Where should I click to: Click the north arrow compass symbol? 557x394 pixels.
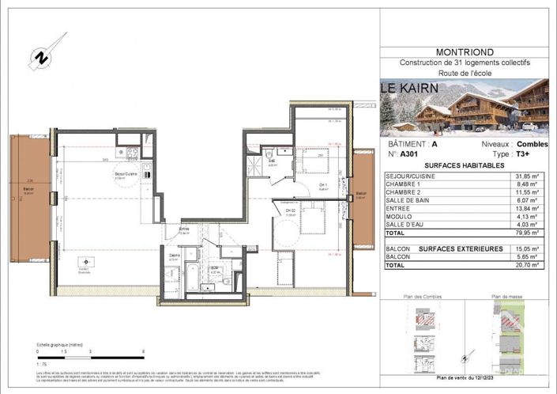pos(40,58)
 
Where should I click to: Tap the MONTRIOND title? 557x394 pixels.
pos(464,52)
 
